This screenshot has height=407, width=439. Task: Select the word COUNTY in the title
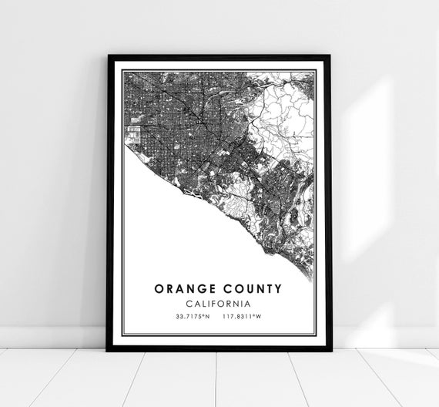pyautogui.click(x=254, y=289)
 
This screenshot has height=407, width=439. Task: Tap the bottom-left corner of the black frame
pyautogui.click(x=108, y=349)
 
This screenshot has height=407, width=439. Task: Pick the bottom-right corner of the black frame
pyautogui.click(x=331, y=349)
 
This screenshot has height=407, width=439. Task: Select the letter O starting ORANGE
pyautogui.click(x=159, y=289)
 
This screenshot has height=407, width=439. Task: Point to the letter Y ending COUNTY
pyautogui.click(x=278, y=289)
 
